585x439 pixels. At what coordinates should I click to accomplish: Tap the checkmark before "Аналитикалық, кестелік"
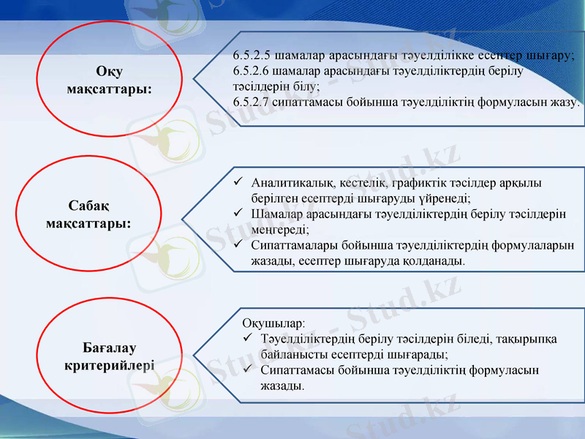pyautogui.click(x=238, y=182)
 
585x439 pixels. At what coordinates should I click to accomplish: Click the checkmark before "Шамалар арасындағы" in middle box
pyautogui.click(x=238, y=213)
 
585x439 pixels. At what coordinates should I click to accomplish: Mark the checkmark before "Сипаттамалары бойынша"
pyautogui.click(x=238, y=244)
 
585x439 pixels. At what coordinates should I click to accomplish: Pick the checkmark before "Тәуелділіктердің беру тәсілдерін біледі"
pyautogui.click(x=248, y=339)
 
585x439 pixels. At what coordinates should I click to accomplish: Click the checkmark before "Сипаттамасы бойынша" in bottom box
pyautogui.click(x=248, y=370)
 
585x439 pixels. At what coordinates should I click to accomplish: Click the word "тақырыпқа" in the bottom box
pyautogui.click(x=526, y=339)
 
